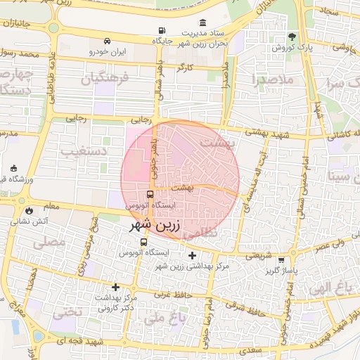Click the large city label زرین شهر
155,226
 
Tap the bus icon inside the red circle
150,194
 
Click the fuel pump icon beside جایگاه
163,31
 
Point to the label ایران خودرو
107,52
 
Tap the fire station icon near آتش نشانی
29,210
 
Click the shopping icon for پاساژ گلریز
282,259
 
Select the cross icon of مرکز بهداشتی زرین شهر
193,255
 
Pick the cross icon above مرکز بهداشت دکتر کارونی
116,287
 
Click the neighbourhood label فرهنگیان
105,79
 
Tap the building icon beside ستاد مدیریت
203,22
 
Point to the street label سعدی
250,349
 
